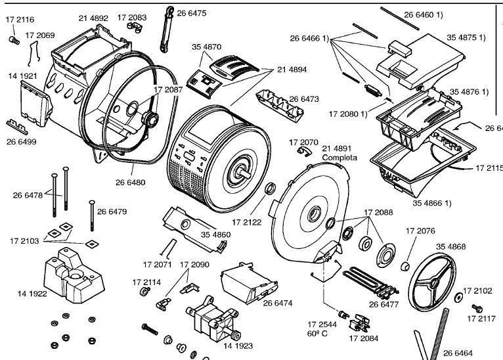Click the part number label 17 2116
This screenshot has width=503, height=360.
[20, 20]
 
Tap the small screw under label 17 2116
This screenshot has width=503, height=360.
[14, 40]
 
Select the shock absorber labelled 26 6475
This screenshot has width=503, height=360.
[167, 29]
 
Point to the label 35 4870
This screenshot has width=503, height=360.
[207, 47]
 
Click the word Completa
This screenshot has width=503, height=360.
[339, 158]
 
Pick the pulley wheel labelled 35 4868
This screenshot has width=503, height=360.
[433, 282]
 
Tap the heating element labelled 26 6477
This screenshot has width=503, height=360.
[371, 283]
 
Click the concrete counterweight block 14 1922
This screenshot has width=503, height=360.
[74, 276]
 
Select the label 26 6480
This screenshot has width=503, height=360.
[130, 183]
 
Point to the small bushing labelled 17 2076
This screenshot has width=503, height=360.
[406, 265]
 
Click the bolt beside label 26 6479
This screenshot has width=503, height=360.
[92, 215]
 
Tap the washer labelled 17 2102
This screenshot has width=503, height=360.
[458, 298]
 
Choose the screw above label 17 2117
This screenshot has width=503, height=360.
[477, 308]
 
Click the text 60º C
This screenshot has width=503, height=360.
[317, 334]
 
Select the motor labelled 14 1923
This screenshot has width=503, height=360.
[213, 318]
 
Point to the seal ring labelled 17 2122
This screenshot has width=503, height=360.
[270, 188]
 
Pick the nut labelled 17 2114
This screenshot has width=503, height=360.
[144, 292]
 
